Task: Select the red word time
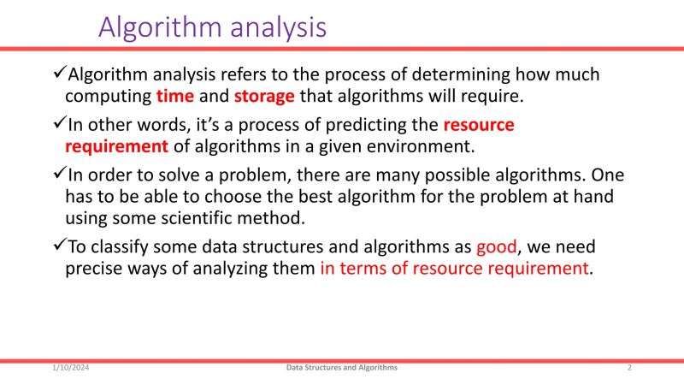(175, 95)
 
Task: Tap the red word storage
(264, 95)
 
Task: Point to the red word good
(497, 247)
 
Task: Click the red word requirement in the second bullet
(116, 145)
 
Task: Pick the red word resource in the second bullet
(479, 125)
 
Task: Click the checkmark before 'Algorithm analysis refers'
(59, 74)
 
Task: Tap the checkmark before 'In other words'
(59, 124)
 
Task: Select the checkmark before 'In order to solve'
(59, 175)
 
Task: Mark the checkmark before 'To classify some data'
(59, 246)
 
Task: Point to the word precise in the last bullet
(94, 269)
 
